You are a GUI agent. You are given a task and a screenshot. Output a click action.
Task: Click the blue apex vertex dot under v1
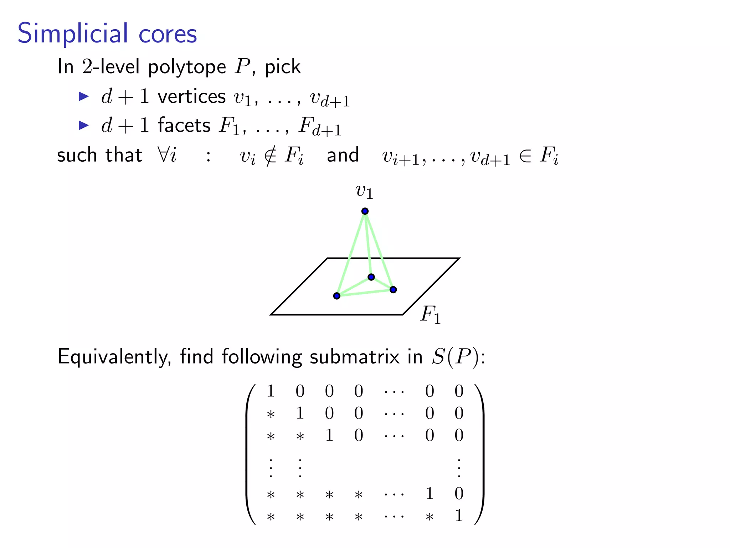pos(365,211)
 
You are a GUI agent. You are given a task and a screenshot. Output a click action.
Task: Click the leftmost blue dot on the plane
pos(337,296)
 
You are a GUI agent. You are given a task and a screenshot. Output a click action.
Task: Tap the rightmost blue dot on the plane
pos(393,290)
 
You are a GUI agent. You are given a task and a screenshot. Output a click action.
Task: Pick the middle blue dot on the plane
pos(371,277)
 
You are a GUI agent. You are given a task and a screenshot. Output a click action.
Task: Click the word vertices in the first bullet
pos(192,97)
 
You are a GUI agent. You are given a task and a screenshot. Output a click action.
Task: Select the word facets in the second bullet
pos(184,126)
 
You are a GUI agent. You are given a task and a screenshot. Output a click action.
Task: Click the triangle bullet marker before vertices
pos(83,96)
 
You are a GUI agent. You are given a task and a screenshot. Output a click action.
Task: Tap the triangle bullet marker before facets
pos(83,125)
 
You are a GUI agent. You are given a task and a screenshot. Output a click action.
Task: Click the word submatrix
pos(354,357)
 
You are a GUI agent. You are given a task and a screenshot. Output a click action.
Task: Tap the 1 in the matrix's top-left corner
pos(271,391)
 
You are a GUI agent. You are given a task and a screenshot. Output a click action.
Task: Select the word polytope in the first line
pos(187,67)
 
